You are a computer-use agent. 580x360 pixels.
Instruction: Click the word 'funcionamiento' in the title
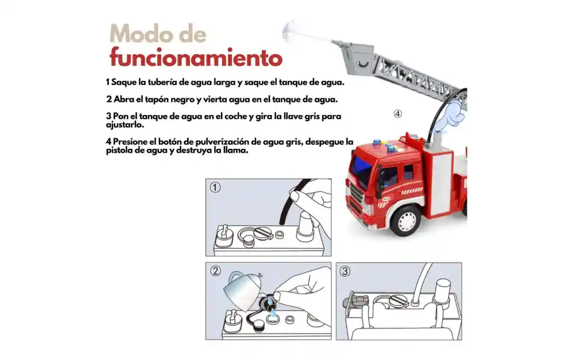click(196, 58)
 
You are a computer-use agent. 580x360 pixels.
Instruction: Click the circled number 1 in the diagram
click(215, 188)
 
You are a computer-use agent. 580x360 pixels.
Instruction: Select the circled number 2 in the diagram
click(215, 271)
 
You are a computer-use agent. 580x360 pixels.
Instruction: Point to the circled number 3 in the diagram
click(345, 271)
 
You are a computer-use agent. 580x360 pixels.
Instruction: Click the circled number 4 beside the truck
click(397, 114)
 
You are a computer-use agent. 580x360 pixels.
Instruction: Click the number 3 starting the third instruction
click(108, 116)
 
